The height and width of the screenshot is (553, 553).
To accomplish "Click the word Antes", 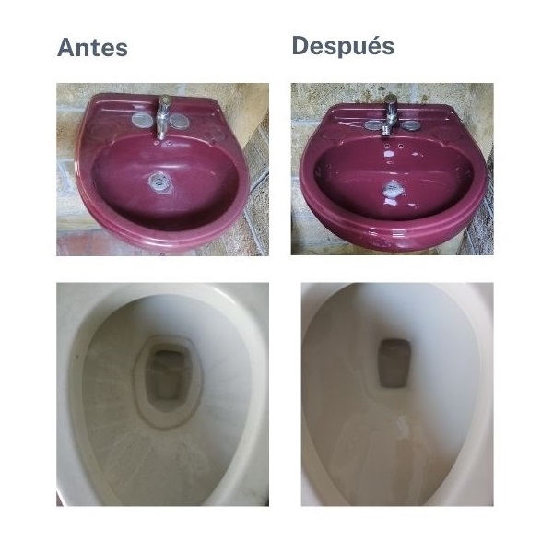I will [92, 48].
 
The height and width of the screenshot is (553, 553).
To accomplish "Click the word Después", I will [343, 46].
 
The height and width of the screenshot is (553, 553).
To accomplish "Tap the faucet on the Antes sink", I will [163, 116].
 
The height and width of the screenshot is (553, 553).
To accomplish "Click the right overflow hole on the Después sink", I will [406, 145].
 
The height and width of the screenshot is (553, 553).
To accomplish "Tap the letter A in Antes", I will [66, 48].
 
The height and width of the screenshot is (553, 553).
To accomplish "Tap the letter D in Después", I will [301, 46].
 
